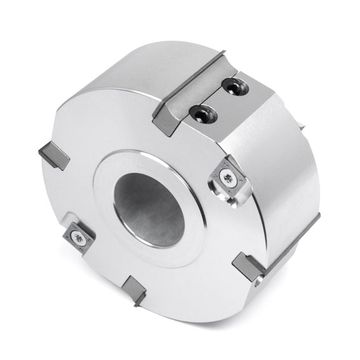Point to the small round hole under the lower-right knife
[x=256, y=284]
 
